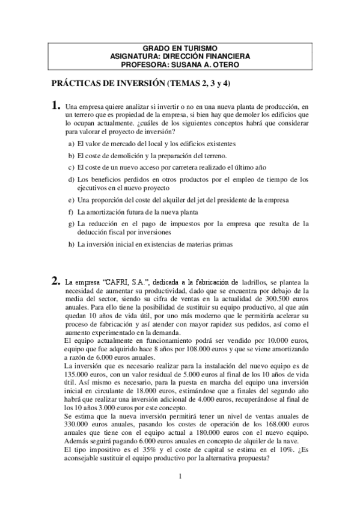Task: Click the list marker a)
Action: coord(71,144)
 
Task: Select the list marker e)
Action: coord(71,200)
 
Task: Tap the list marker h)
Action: coord(71,244)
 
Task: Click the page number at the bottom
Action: coord(180,477)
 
